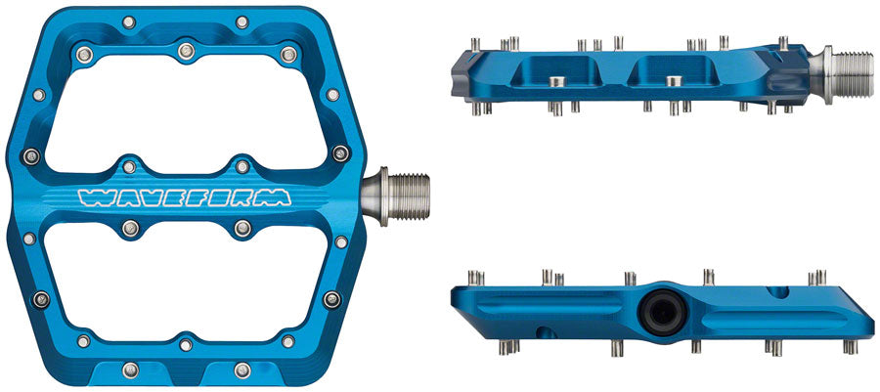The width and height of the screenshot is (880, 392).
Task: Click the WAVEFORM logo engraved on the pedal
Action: (x=184, y=196)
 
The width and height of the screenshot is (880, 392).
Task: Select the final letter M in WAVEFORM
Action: (x=277, y=196)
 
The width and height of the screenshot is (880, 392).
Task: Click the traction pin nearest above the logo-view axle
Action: (x=340, y=152)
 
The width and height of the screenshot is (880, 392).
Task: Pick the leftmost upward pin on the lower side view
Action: (x=472, y=277)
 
